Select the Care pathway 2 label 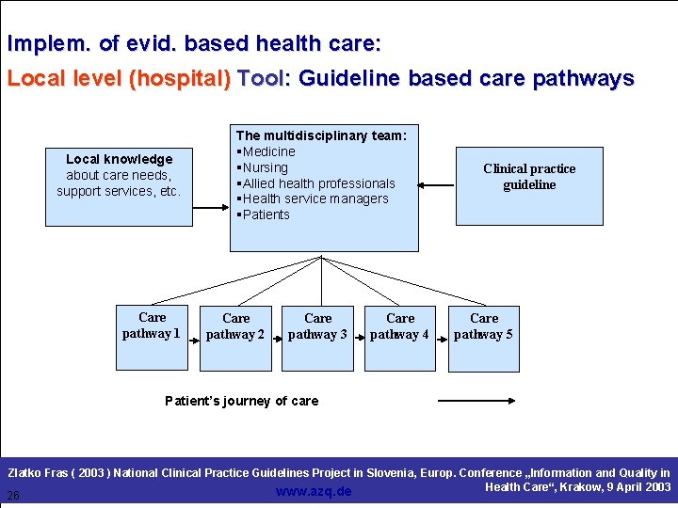click(x=235, y=326)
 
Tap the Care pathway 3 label click(x=317, y=326)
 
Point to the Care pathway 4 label click(x=399, y=326)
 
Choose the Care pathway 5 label click(x=483, y=326)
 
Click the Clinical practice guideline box click(x=529, y=185)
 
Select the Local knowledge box click(x=119, y=186)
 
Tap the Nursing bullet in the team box click(x=264, y=167)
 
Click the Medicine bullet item click(x=266, y=151)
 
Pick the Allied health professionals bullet click(x=316, y=183)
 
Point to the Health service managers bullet click(x=313, y=198)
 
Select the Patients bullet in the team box click(x=265, y=214)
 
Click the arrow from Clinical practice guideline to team click(x=437, y=183)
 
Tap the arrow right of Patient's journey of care click(x=476, y=401)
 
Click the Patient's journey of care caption click(x=241, y=401)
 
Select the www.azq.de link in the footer click(x=314, y=491)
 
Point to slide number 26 click(x=13, y=496)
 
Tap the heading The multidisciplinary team click(x=321, y=135)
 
